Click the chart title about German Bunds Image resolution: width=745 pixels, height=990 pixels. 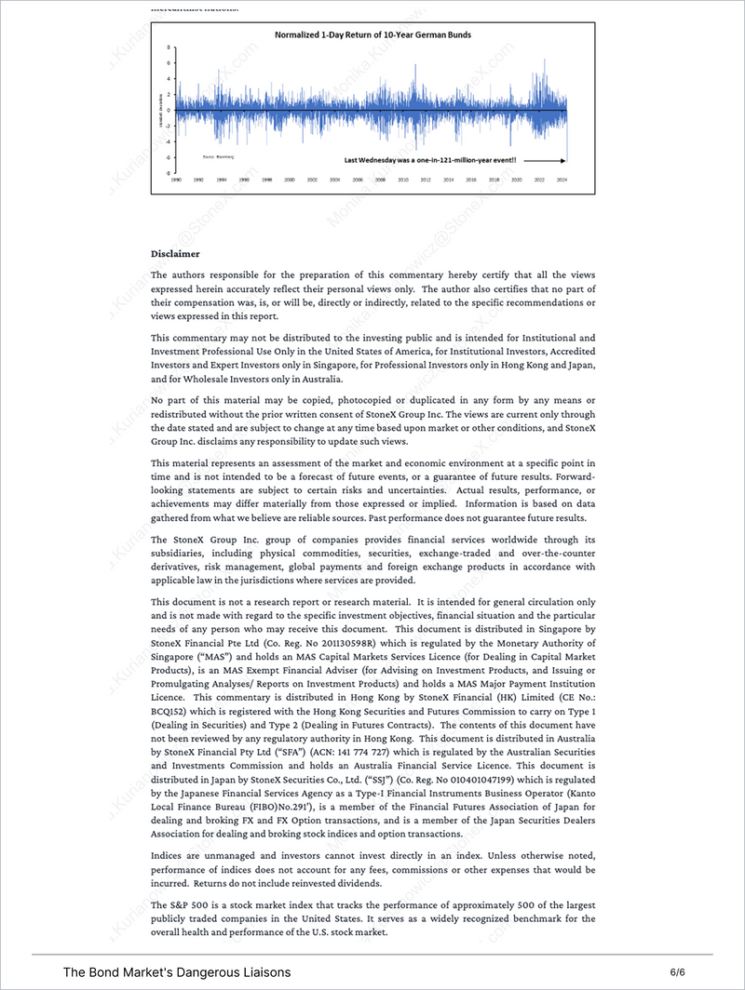(x=372, y=34)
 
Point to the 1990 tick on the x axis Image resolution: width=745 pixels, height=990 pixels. (x=175, y=181)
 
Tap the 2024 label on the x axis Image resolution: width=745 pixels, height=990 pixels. (x=562, y=181)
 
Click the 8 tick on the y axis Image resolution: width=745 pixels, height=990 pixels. (x=169, y=47)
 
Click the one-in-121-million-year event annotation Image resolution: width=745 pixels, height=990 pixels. (x=430, y=160)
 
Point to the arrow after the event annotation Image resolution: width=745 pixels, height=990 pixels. (x=544, y=160)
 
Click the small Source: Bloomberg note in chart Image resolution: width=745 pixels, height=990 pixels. (x=218, y=157)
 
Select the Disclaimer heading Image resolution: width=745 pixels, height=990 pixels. (x=175, y=253)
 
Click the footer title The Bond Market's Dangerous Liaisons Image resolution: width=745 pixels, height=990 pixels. (x=177, y=972)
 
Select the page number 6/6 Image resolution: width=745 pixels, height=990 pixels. (x=677, y=972)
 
